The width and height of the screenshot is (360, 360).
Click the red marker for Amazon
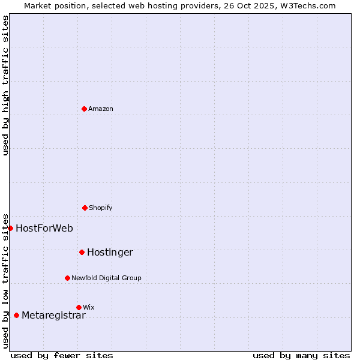click(x=85, y=109)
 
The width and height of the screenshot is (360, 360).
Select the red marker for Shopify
click(x=85, y=208)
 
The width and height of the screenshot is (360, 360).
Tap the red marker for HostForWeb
click(x=10, y=228)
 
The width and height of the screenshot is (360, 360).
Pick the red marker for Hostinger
click(x=82, y=252)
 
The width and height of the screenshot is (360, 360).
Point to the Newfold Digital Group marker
click(x=67, y=278)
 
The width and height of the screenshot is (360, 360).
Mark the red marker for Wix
click(x=79, y=307)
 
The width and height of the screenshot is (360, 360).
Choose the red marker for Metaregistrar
click(x=16, y=315)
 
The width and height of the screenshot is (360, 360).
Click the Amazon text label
click(x=101, y=109)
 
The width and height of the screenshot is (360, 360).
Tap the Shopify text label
click(x=101, y=208)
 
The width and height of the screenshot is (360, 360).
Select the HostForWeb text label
click(x=44, y=228)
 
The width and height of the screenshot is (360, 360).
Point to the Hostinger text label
click(x=110, y=252)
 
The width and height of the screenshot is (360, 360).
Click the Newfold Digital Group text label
click(x=106, y=278)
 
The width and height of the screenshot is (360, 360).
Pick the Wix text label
click(x=89, y=307)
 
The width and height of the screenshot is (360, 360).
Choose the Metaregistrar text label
click(x=53, y=315)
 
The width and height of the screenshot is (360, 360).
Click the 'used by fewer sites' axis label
click(x=62, y=355)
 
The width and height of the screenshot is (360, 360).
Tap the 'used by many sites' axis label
click(x=301, y=355)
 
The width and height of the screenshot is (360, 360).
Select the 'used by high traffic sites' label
click(x=5, y=85)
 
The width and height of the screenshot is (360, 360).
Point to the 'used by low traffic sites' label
click(x=5, y=281)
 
